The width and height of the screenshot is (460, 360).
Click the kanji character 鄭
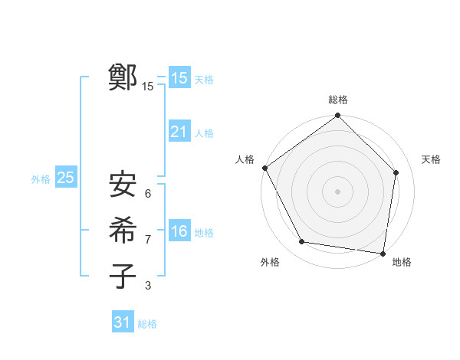pyautogui.click(x=123, y=77)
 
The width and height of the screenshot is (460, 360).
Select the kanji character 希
pyautogui.click(x=123, y=231)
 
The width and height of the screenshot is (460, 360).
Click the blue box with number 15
pyautogui.click(x=179, y=78)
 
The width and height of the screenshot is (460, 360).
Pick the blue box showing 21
pyautogui.click(x=179, y=132)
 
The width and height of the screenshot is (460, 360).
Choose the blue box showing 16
pyautogui.click(x=179, y=231)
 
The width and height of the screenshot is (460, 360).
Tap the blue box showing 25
pyautogui.click(x=65, y=178)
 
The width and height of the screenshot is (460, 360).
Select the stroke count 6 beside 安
pyautogui.click(x=148, y=194)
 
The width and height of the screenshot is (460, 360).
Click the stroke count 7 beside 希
pyautogui.click(x=148, y=240)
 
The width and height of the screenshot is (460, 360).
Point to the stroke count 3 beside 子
pyautogui.click(x=148, y=286)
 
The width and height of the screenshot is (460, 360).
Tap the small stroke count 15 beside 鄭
pyautogui.click(x=148, y=87)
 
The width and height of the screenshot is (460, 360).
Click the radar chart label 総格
pyautogui.click(x=337, y=100)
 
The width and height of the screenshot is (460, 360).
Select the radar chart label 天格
pyautogui.click(x=431, y=159)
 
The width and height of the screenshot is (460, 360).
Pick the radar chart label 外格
pyautogui.click(x=270, y=262)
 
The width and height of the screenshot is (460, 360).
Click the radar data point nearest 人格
pyautogui.click(x=264, y=168)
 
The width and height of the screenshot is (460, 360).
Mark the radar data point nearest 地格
pyautogui.click(x=383, y=253)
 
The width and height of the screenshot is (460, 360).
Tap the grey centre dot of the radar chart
pyautogui.click(x=337, y=191)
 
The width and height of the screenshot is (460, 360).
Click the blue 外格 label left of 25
pyautogui.click(x=41, y=179)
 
